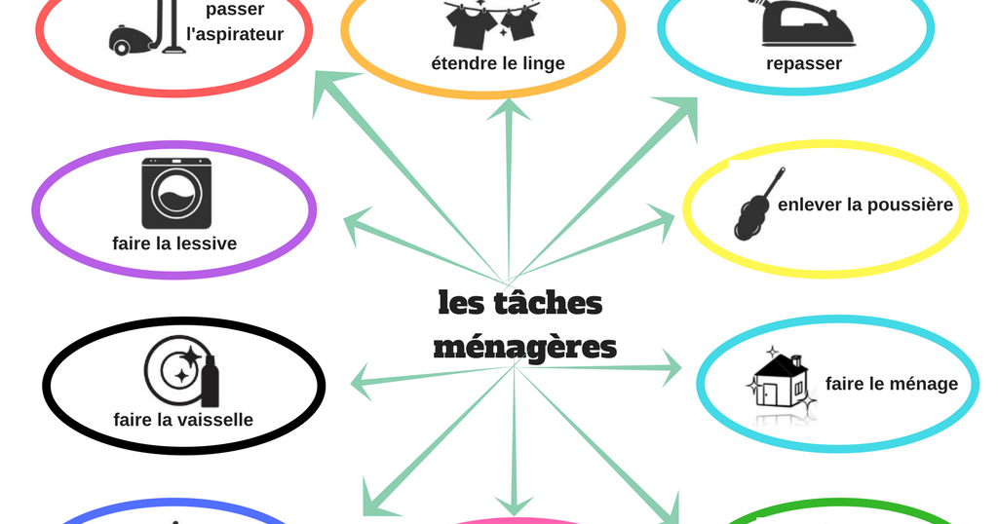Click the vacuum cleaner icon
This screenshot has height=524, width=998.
point(146,28)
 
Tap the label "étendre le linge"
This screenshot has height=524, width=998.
point(498,64)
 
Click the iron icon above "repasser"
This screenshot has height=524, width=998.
point(806,23)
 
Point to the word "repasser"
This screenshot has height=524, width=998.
point(804,64)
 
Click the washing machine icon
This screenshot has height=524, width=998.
point(174,193)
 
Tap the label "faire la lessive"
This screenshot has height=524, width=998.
point(174,243)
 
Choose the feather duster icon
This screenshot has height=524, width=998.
point(757,205)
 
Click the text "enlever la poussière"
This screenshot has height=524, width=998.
point(864,206)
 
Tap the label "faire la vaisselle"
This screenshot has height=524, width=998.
point(183,420)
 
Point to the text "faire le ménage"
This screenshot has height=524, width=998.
point(891,384)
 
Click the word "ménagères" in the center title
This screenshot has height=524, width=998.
point(524,347)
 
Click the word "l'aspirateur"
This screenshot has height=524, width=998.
point(235,35)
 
